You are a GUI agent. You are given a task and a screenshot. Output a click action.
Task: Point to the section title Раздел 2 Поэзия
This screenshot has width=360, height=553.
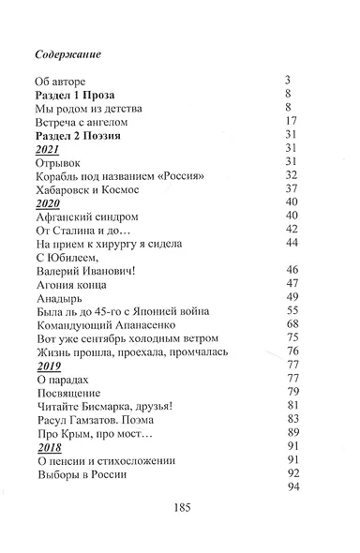[x=82, y=135]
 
